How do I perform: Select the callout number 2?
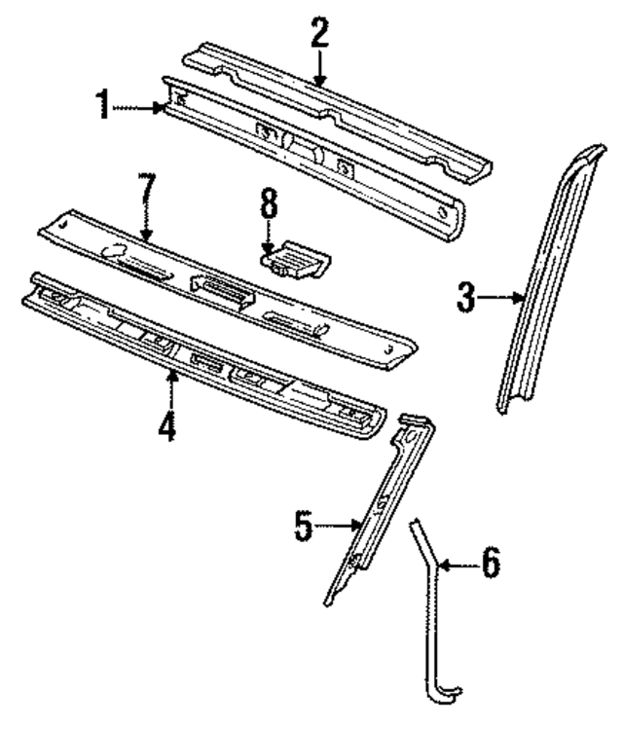tap(320, 35)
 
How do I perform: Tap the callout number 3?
tap(467, 297)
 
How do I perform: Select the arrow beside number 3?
tap(506, 297)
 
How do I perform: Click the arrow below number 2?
tap(320, 70)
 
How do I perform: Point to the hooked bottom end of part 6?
tap(443, 693)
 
